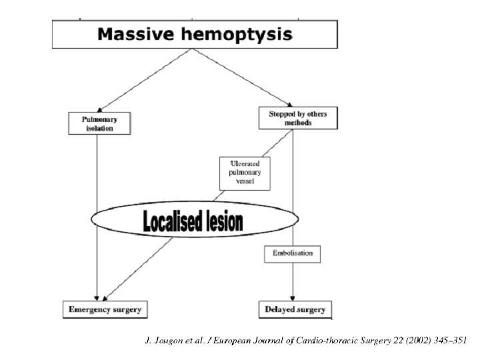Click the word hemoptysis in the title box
point(237,35)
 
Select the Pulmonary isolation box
point(99,123)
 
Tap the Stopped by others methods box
point(298,118)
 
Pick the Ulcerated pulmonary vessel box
point(245,173)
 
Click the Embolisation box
point(293,254)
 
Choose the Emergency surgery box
point(105,309)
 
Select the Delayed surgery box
point(295,309)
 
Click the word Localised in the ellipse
point(172,221)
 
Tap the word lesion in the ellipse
point(225,221)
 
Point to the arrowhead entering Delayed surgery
point(293,299)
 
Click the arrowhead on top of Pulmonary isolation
point(99,110)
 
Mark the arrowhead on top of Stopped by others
point(289,105)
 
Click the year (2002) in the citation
point(419,341)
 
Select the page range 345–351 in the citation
point(450,340)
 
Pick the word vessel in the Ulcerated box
point(245,181)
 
